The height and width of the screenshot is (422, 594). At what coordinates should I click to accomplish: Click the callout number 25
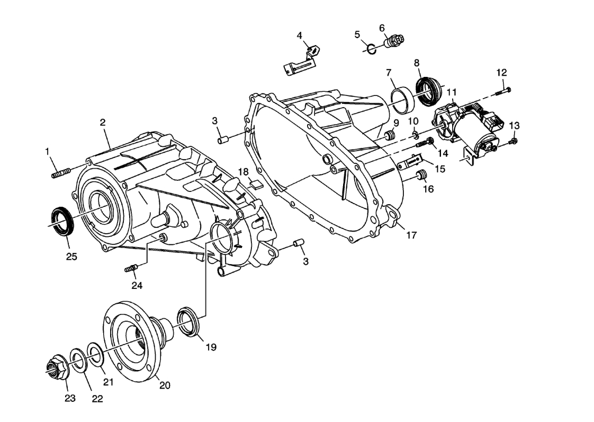71,257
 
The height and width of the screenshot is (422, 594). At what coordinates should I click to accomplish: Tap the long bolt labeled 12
502,91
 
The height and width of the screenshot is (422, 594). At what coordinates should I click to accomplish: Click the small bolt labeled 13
514,141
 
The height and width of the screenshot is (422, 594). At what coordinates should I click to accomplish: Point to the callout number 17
411,235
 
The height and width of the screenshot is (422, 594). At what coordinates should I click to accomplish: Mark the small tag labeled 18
256,185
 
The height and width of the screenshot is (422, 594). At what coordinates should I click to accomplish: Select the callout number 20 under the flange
165,386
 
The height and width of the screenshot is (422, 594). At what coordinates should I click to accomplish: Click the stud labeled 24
131,269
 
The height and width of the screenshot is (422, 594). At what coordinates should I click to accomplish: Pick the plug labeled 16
422,175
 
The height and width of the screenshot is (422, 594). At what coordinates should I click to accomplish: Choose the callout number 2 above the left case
103,122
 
